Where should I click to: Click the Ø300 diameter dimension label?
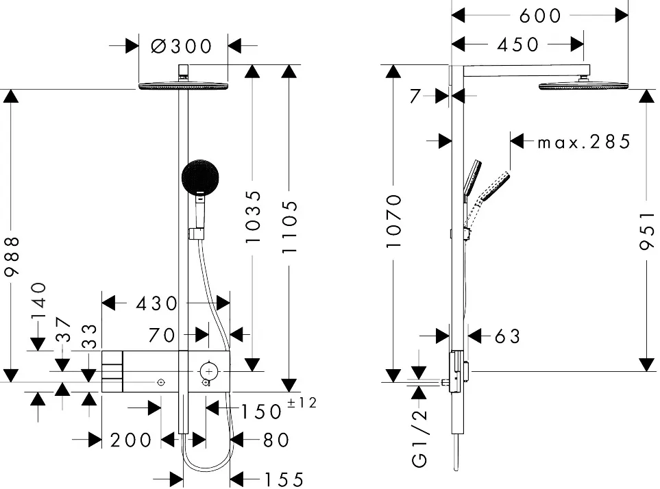(182, 46)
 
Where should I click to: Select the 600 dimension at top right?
(540, 15)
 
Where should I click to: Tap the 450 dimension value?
(518, 45)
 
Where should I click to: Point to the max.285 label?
(583, 142)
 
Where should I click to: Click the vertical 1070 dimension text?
(393, 221)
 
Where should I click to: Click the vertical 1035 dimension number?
(254, 216)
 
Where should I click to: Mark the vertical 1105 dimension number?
(291, 227)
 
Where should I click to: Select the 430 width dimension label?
(157, 303)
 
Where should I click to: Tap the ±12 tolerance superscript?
(302, 403)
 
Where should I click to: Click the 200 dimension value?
(132, 440)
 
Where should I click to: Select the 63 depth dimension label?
(506, 336)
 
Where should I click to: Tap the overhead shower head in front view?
(183, 86)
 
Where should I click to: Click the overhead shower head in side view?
(584, 86)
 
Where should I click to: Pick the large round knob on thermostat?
(208, 371)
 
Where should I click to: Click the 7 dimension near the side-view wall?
(415, 97)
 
